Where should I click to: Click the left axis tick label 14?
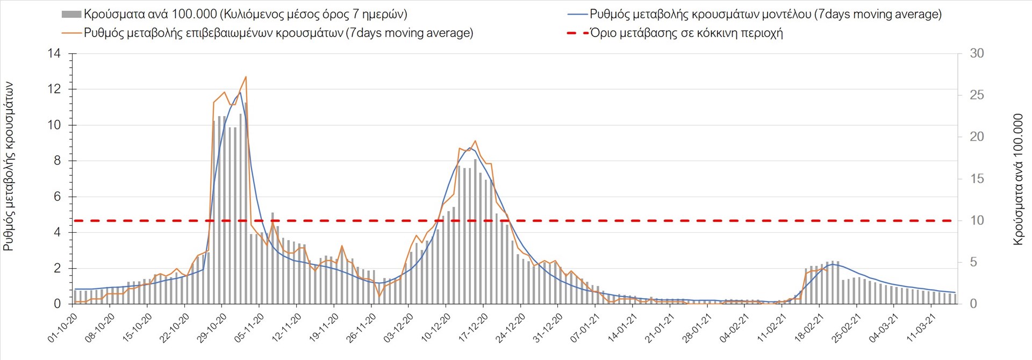point(54,53)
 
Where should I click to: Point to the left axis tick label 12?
point(54,89)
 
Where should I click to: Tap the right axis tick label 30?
point(977,53)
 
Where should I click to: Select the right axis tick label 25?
point(977,95)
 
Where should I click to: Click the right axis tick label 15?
point(977,178)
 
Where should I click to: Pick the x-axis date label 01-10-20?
point(63,328)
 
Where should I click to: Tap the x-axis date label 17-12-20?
point(474,328)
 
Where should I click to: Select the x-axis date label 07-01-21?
point(585,328)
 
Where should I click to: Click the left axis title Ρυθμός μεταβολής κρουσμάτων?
point(9,167)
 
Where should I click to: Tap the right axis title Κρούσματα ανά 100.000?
point(1018,179)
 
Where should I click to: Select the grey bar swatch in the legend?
point(71,15)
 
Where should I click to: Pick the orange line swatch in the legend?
point(71,33)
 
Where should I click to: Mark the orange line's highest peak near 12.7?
point(246,77)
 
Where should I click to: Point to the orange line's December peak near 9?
point(475,141)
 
